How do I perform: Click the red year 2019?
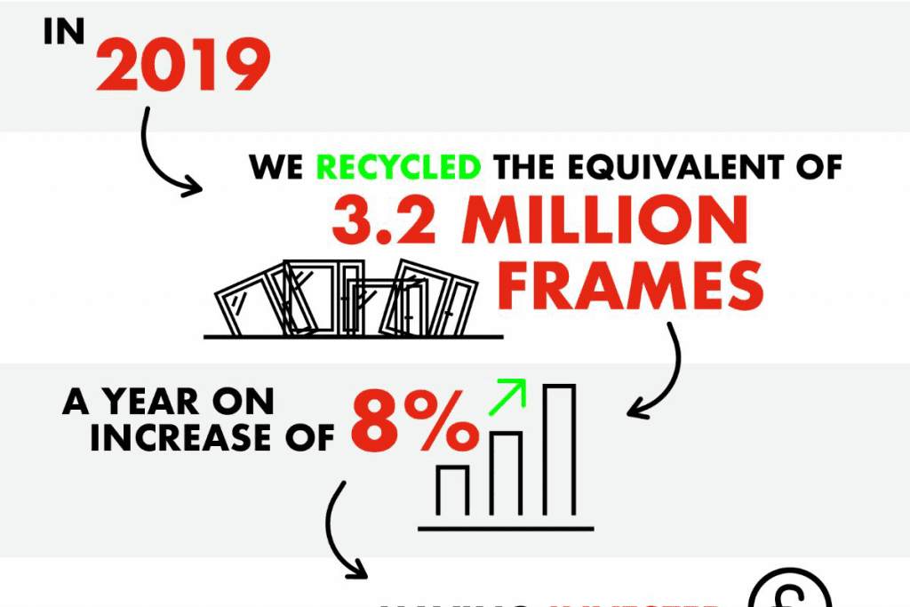pyautogui.click(x=183, y=64)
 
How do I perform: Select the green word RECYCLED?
pyautogui.click(x=399, y=166)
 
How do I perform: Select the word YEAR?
pyautogui.click(x=159, y=402)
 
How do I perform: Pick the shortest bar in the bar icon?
pyautogui.click(x=452, y=491)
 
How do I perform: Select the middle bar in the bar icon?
pyautogui.click(x=506, y=474)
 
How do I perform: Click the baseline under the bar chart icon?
pyautogui.click(x=505, y=528)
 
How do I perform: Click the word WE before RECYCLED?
pyautogui.click(x=278, y=166)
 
